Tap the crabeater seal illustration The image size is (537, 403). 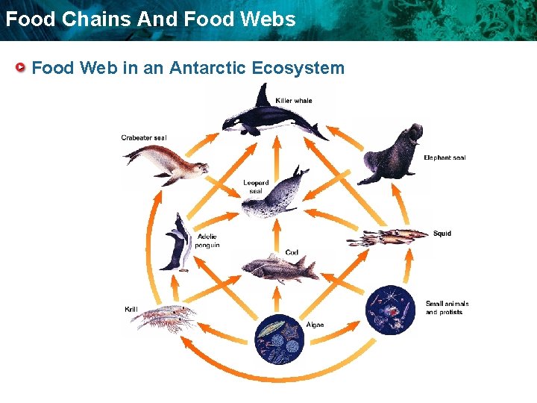tap(163, 162)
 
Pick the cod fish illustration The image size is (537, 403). tap(276, 268)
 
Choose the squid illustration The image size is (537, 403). tap(387, 237)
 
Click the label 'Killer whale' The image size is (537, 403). tap(294, 101)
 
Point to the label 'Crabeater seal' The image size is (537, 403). tap(144, 137)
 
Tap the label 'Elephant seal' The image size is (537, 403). tap(445, 157)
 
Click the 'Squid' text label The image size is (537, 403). tap(442, 234)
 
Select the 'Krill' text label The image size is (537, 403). tap(131, 309)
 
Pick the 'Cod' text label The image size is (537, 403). tap(292, 252)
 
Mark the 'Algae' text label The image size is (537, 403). tap(315, 325)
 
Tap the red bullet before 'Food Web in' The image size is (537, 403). tap(22, 69)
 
